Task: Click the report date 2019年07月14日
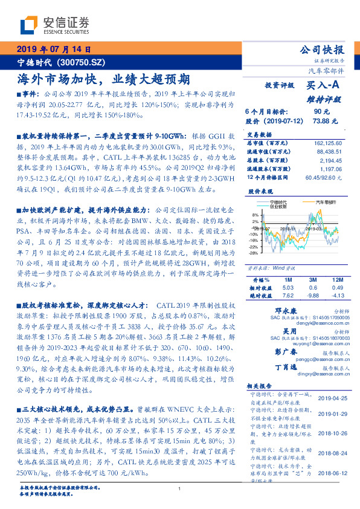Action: (x=53, y=50)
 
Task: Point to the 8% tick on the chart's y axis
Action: (x=254, y=215)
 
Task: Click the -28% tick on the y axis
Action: (x=253, y=253)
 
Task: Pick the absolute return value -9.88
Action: (x=313, y=296)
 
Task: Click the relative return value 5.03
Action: (x=287, y=288)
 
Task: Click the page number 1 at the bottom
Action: (x=179, y=488)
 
